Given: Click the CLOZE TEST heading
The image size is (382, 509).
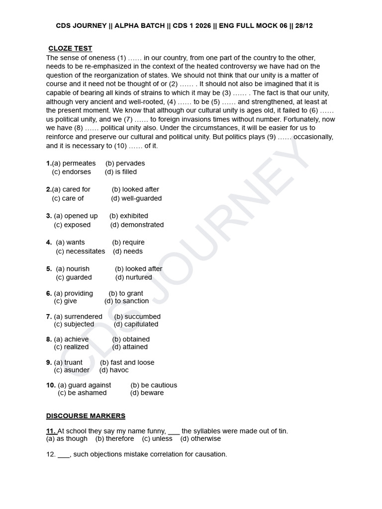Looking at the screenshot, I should [x=70, y=48].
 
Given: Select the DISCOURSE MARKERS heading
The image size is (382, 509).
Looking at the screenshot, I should [x=86, y=416].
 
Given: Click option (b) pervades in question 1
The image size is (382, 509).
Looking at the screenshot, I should [x=125, y=163].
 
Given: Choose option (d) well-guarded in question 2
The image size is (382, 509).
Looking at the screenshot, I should [x=136, y=198].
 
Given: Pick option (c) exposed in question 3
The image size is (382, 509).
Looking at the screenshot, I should [x=73, y=225].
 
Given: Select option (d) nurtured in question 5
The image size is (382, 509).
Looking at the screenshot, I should [x=134, y=277].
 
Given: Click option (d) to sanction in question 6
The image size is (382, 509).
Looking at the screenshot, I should [x=126, y=301].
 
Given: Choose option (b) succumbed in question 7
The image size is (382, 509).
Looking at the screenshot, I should [x=137, y=316].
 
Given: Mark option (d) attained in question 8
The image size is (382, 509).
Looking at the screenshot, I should [x=130, y=347].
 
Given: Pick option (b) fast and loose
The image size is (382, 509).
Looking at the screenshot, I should [x=127, y=362].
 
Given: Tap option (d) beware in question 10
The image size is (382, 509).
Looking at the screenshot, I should [x=147, y=393].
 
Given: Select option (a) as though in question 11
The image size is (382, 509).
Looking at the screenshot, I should [x=67, y=439].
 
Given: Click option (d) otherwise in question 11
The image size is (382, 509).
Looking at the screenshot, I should [x=200, y=439].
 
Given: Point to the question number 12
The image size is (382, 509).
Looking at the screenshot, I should [x=50, y=454].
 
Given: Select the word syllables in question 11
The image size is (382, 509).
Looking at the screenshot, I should [x=209, y=431].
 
